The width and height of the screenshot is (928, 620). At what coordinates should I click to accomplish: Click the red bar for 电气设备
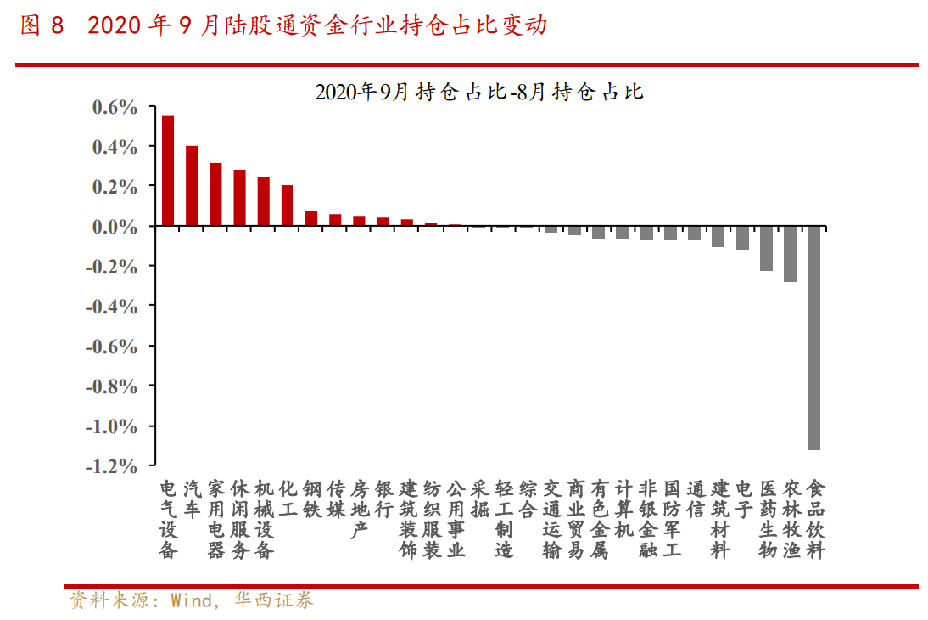(x=168, y=171)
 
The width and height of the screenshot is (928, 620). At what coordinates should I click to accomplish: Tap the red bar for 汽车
(x=192, y=186)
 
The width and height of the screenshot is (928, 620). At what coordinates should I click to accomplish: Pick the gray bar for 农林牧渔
(x=790, y=254)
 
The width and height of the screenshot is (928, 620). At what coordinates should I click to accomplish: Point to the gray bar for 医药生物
(x=766, y=248)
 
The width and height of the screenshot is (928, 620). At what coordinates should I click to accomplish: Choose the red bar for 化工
(x=288, y=206)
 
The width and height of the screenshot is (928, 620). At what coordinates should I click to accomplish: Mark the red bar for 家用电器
(x=215, y=194)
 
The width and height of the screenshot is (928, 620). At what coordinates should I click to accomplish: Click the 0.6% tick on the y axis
(x=114, y=108)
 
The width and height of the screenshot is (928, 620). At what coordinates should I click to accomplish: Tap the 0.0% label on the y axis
(x=114, y=227)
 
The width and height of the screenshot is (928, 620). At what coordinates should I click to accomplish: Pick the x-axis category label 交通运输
(x=551, y=519)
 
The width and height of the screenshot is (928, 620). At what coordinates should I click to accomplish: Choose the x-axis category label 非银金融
(x=647, y=519)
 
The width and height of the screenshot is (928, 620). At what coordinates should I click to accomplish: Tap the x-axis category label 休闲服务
(x=240, y=519)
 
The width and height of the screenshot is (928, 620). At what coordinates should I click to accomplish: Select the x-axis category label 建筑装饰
(x=408, y=519)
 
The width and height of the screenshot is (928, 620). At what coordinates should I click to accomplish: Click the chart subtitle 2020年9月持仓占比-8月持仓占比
(x=479, y=91)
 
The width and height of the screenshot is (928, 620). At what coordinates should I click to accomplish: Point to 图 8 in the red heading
(x=42, y=25)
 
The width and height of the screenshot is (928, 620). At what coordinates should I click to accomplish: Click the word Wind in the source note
(x=191, y=601)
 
